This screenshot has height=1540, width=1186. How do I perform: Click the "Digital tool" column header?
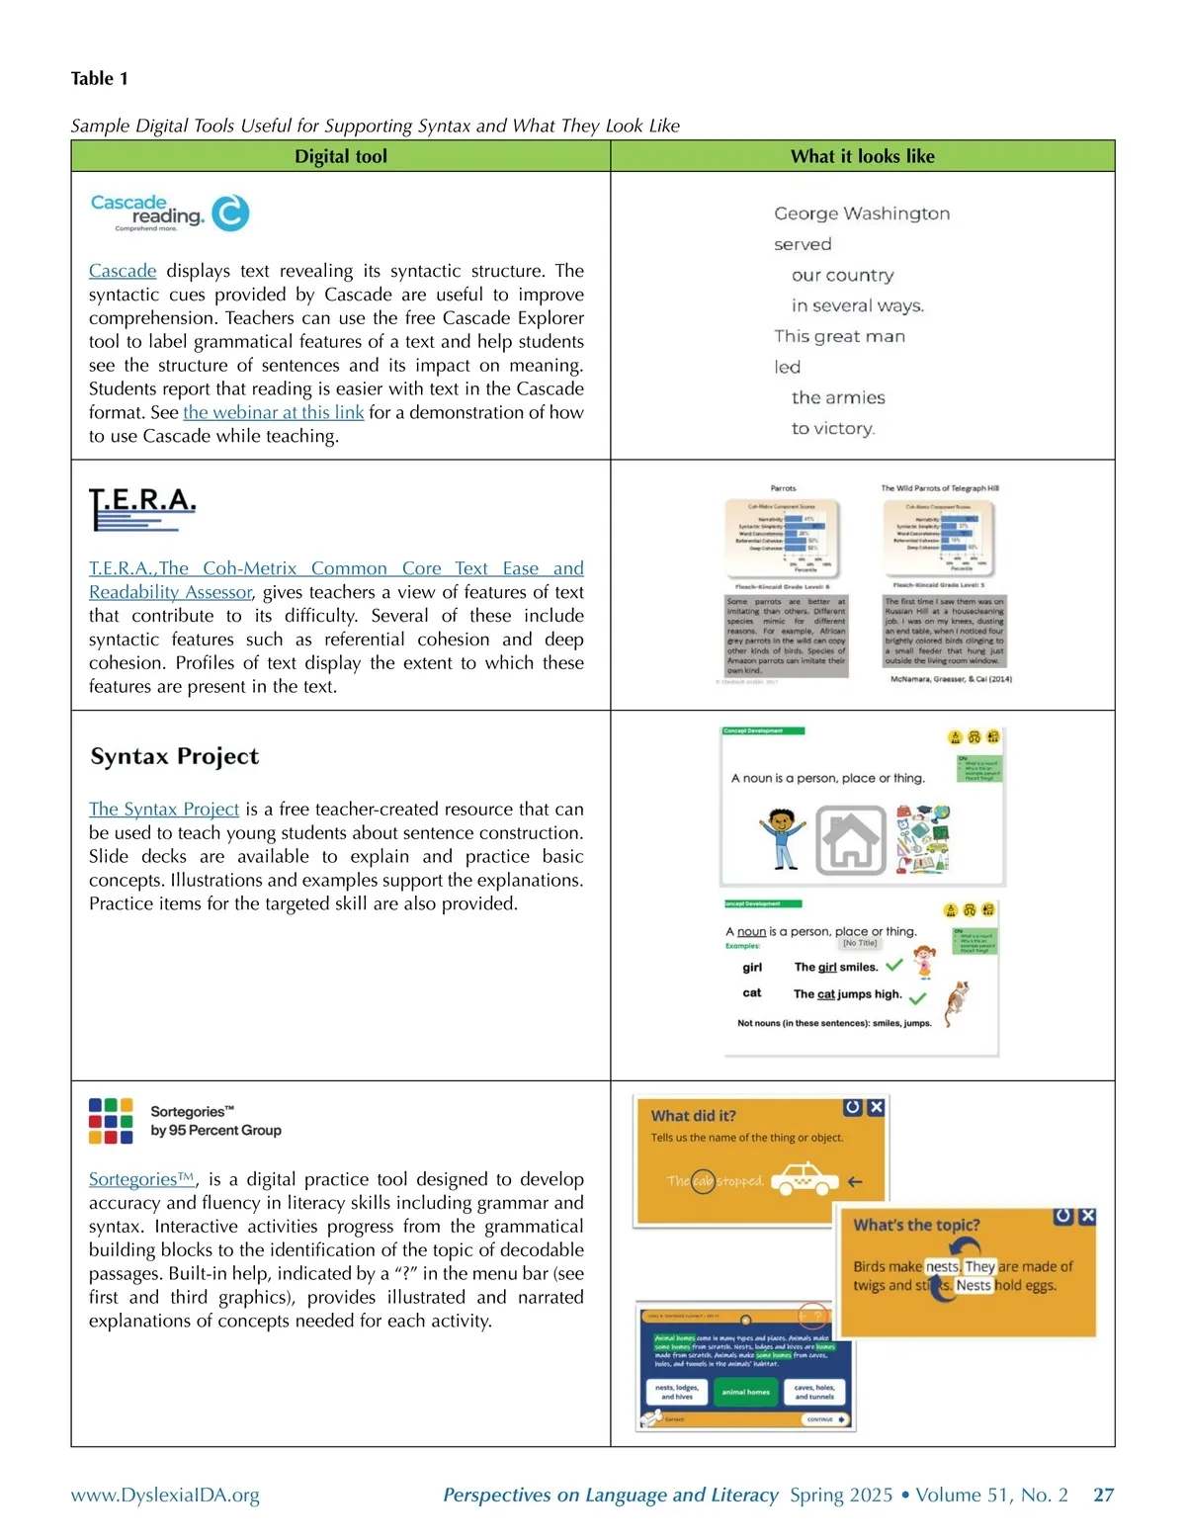tap(340, 156)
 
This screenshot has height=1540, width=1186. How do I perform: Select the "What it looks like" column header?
tap(862, 156)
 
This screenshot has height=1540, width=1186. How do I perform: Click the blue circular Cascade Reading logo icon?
tap(230, 213)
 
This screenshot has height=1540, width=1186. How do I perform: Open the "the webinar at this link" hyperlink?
tap(273, 412)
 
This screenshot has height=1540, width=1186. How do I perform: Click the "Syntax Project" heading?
tap(175, 756)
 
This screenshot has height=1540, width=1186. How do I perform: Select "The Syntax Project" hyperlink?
tap(164, 810)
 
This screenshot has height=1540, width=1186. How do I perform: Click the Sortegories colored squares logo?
tap(111, 1121)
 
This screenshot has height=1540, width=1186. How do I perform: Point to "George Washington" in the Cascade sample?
tap(862, 214)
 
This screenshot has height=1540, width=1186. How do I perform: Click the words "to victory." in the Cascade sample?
tap(833, 428)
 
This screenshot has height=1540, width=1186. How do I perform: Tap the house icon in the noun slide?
tap(850, 841)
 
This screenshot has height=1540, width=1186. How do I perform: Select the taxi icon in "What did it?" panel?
tap(804, 1178)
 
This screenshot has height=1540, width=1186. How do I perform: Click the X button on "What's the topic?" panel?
tap(1087, 1216)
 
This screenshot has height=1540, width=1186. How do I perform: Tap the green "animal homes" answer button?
tap(745, 1392)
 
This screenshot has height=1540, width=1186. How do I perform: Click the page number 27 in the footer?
tap(1103, 1495)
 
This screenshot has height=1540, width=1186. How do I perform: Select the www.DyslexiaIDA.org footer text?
tap(165, 1495)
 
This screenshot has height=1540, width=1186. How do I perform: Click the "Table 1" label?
tap(100, 78)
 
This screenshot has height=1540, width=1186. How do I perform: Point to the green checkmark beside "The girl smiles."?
tap(894, 966)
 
